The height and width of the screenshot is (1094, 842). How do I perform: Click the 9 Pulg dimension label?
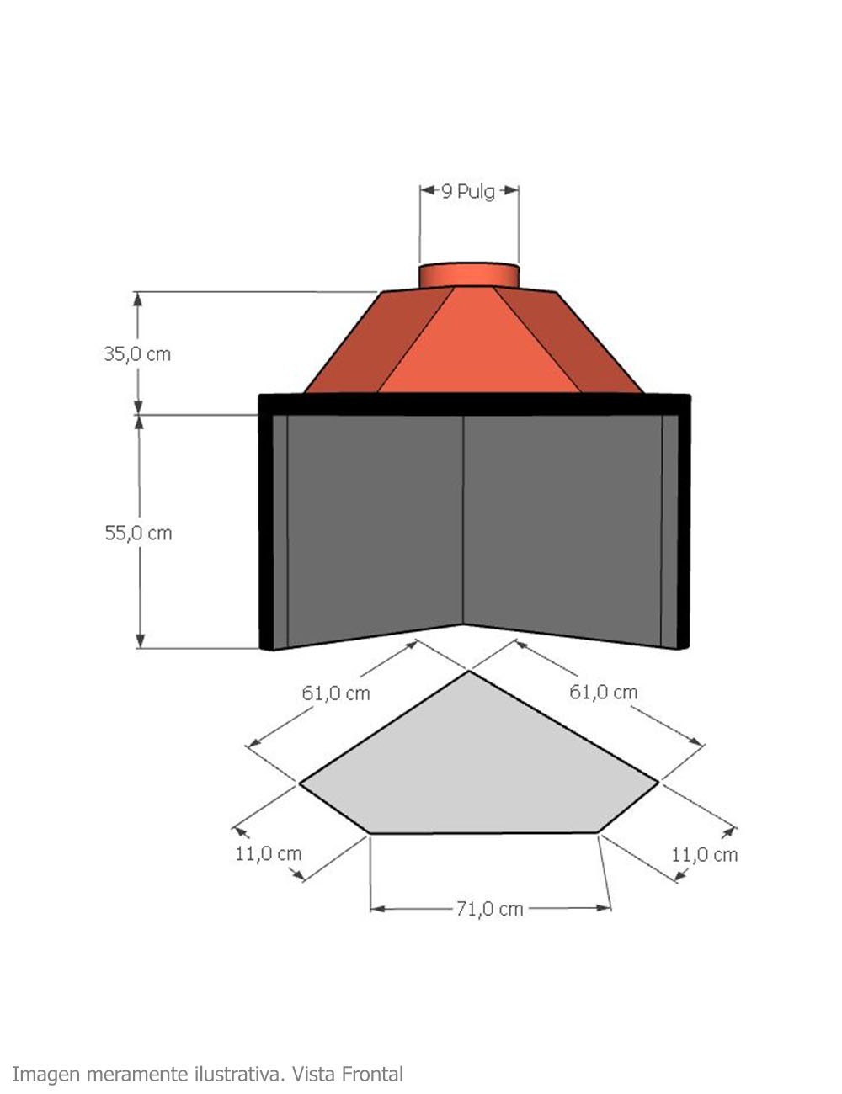[x=468, y=191]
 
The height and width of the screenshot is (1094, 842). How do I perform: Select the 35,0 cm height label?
[x=137, y=354]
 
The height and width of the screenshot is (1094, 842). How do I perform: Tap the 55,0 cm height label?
[x=138, y=533]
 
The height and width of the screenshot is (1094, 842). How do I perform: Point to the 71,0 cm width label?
[x=489, y=909]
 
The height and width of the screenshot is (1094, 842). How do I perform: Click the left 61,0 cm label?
[x=336, y=693]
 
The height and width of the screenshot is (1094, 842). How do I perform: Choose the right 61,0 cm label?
[x=603, y=692]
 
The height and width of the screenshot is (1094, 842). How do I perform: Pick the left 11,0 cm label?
[x=268, y=853]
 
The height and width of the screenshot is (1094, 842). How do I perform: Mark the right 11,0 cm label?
[x=704, y=855]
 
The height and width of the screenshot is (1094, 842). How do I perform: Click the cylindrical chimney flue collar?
[x=469, y=275]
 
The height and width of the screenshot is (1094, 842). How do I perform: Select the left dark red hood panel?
[x=379, y=341]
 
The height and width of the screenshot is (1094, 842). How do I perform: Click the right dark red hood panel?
[x=573, y=341]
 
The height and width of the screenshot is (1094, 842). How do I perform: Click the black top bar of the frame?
[x=474, y=404]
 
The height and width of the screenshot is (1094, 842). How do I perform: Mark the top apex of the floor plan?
[x=469, y=672]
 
